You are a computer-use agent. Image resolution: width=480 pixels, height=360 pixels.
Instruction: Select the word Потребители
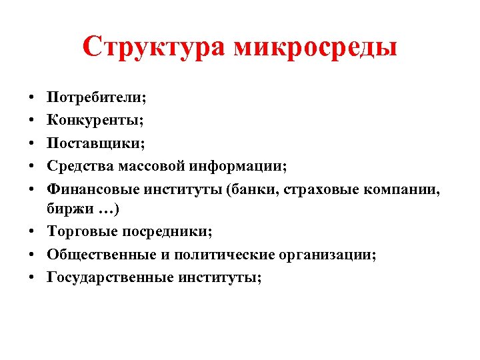pos(96,98)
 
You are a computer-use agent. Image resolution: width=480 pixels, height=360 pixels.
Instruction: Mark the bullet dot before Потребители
pos(32,98)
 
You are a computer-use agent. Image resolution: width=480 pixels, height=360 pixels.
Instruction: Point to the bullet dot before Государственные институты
pos(32,278)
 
